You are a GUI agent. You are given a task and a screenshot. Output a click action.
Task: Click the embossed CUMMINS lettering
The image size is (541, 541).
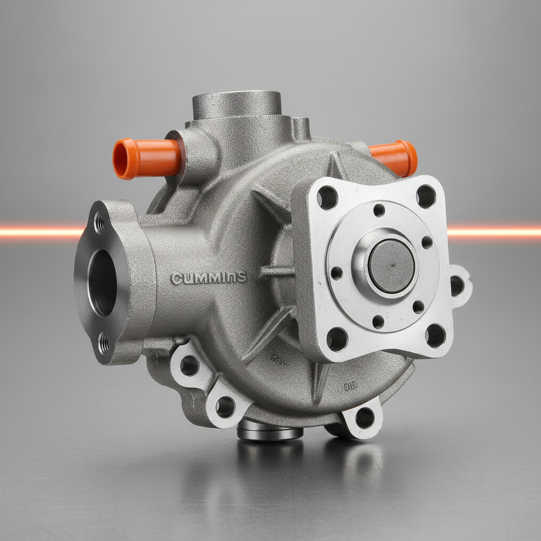tap(209, 278)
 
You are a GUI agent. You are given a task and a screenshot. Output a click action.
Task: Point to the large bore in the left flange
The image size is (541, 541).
tap(102, 282)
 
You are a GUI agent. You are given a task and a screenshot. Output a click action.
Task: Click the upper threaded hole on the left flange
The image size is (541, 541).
tap(99, 223)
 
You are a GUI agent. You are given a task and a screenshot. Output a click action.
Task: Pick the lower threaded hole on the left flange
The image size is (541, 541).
tap(104, 343)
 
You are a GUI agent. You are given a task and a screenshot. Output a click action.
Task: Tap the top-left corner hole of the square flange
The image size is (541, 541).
tap(327, 197)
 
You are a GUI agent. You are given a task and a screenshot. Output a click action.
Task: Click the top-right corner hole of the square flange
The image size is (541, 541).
tap(426, 197)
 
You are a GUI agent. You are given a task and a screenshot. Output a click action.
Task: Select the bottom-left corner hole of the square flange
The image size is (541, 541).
tap(337, 339)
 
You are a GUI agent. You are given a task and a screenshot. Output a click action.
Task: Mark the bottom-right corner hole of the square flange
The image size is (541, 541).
tap(435, 335)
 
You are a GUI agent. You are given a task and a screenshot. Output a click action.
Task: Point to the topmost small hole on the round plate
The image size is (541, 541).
tap(379, 210)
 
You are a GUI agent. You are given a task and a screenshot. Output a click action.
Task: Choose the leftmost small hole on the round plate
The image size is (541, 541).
tap(336, 273)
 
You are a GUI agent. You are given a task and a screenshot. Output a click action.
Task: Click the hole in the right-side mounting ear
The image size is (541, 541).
tap(457, 285)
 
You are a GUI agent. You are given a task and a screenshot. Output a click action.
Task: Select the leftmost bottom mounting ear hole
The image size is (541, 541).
tap(189, 365)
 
